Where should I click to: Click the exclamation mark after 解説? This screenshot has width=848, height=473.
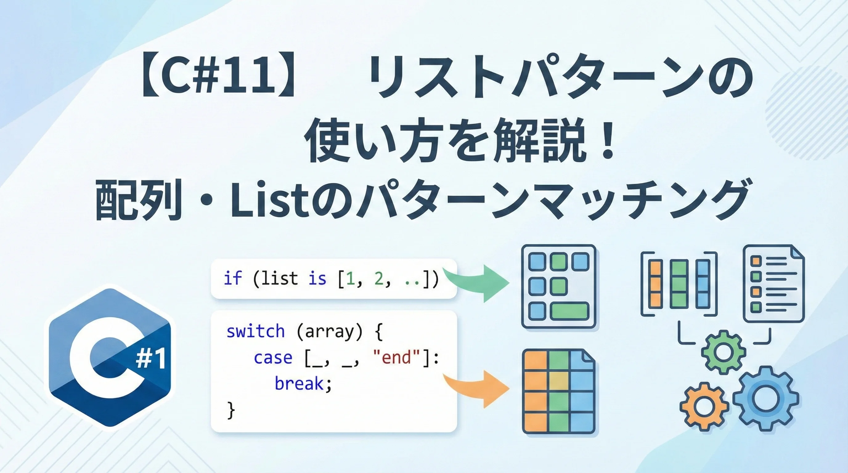(x=607, y=139)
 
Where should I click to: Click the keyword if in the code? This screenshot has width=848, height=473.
(x=233, y=278)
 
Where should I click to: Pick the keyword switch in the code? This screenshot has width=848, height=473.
(x=255, y=331)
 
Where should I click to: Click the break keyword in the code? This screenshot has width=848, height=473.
(x=299, y=383)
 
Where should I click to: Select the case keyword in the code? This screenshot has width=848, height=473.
(x=273, y=358)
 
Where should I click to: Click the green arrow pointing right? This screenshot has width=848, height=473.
(x=477, y=283)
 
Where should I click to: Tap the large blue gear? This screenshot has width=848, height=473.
(x=766, y=399)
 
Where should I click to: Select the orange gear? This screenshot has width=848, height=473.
(x=703, y=407)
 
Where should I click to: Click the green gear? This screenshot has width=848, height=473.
(x=723, y=353)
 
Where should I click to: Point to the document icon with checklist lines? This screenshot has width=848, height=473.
(x=774, y=284)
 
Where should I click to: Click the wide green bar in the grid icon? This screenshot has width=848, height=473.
(x=569, y=311)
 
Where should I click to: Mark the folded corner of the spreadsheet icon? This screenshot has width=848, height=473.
(x=588, y=356)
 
